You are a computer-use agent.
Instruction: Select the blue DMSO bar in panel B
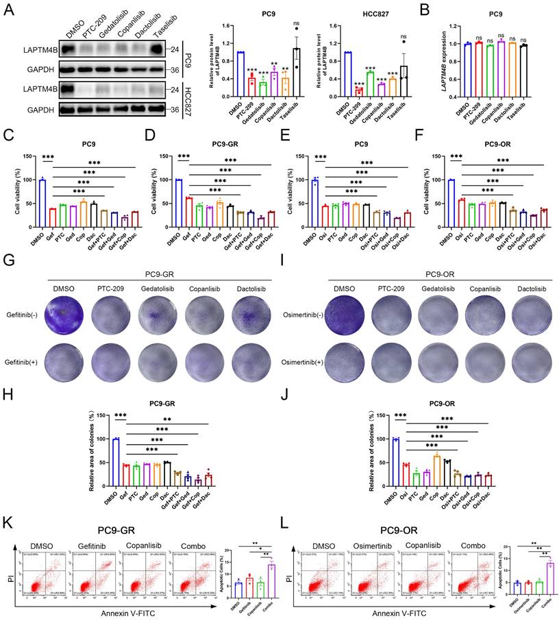pos(468,70)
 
